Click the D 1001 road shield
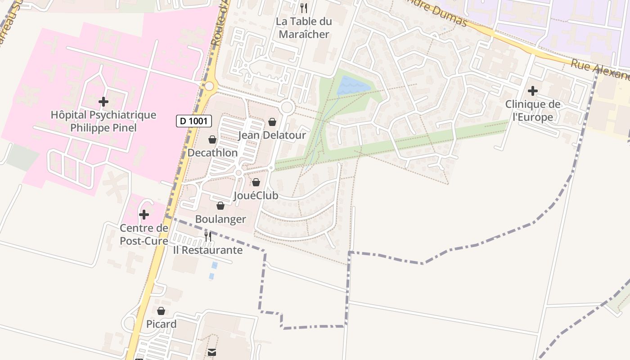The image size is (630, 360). click(x=193, y=121)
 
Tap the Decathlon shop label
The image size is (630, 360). click(x=212, y=153)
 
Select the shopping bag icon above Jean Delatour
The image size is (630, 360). click(x=272, y=122)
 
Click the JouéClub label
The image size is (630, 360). click(x=256, y=196)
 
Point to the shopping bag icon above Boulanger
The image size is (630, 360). click(x=220, y=206)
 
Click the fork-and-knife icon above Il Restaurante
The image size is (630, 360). click(x=208, y=236)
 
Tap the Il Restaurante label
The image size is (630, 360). click(x=208, y=250)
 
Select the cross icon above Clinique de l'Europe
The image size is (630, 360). click(x=533, y=91)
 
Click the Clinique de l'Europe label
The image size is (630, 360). click(x=533, y=111)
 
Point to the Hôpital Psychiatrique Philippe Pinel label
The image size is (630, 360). click(x=103, y=121)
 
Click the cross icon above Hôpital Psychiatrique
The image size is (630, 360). click(x=103, y=101)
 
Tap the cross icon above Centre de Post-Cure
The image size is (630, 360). click(x=144, y=215)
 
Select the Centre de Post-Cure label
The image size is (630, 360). click(x=144, y=234)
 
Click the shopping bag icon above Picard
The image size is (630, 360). click(x=161, y=311)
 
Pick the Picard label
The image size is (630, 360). click(x=161, y=324)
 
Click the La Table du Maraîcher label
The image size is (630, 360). click(x=304, y=27)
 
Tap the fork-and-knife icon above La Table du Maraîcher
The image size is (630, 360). click(x=304, y=8)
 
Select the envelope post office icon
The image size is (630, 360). click(x=211, y=352)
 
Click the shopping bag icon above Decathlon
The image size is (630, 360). click(x=212, y=140)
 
